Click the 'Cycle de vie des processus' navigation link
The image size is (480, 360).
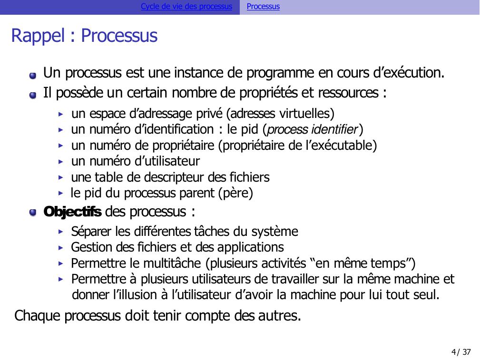(x=186, y=7)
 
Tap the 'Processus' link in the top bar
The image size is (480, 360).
(x=263, y=7)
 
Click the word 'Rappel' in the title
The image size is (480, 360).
(x=38, y=36)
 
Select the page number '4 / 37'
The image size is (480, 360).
(x=461, y=352)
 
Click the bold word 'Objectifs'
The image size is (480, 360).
(x=72, y=212)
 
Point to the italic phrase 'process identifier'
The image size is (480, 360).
(x=312, y=129)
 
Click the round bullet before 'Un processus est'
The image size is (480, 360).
(x=33, y=75)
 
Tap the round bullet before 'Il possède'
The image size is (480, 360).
(x=33, y=95)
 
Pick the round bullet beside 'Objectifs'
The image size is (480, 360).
(x=33, y=213)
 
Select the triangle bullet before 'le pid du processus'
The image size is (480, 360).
(x=60, y=194)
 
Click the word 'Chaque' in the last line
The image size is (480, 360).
(x=37, y=316)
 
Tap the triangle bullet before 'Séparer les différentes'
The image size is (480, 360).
(x=60, y=232)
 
